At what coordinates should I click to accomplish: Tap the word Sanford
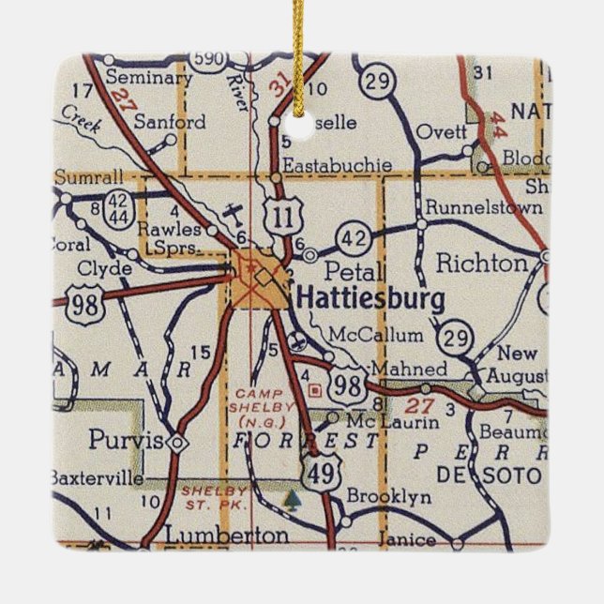[x=170, y=122]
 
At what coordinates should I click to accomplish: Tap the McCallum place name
[x=377, y=335]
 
